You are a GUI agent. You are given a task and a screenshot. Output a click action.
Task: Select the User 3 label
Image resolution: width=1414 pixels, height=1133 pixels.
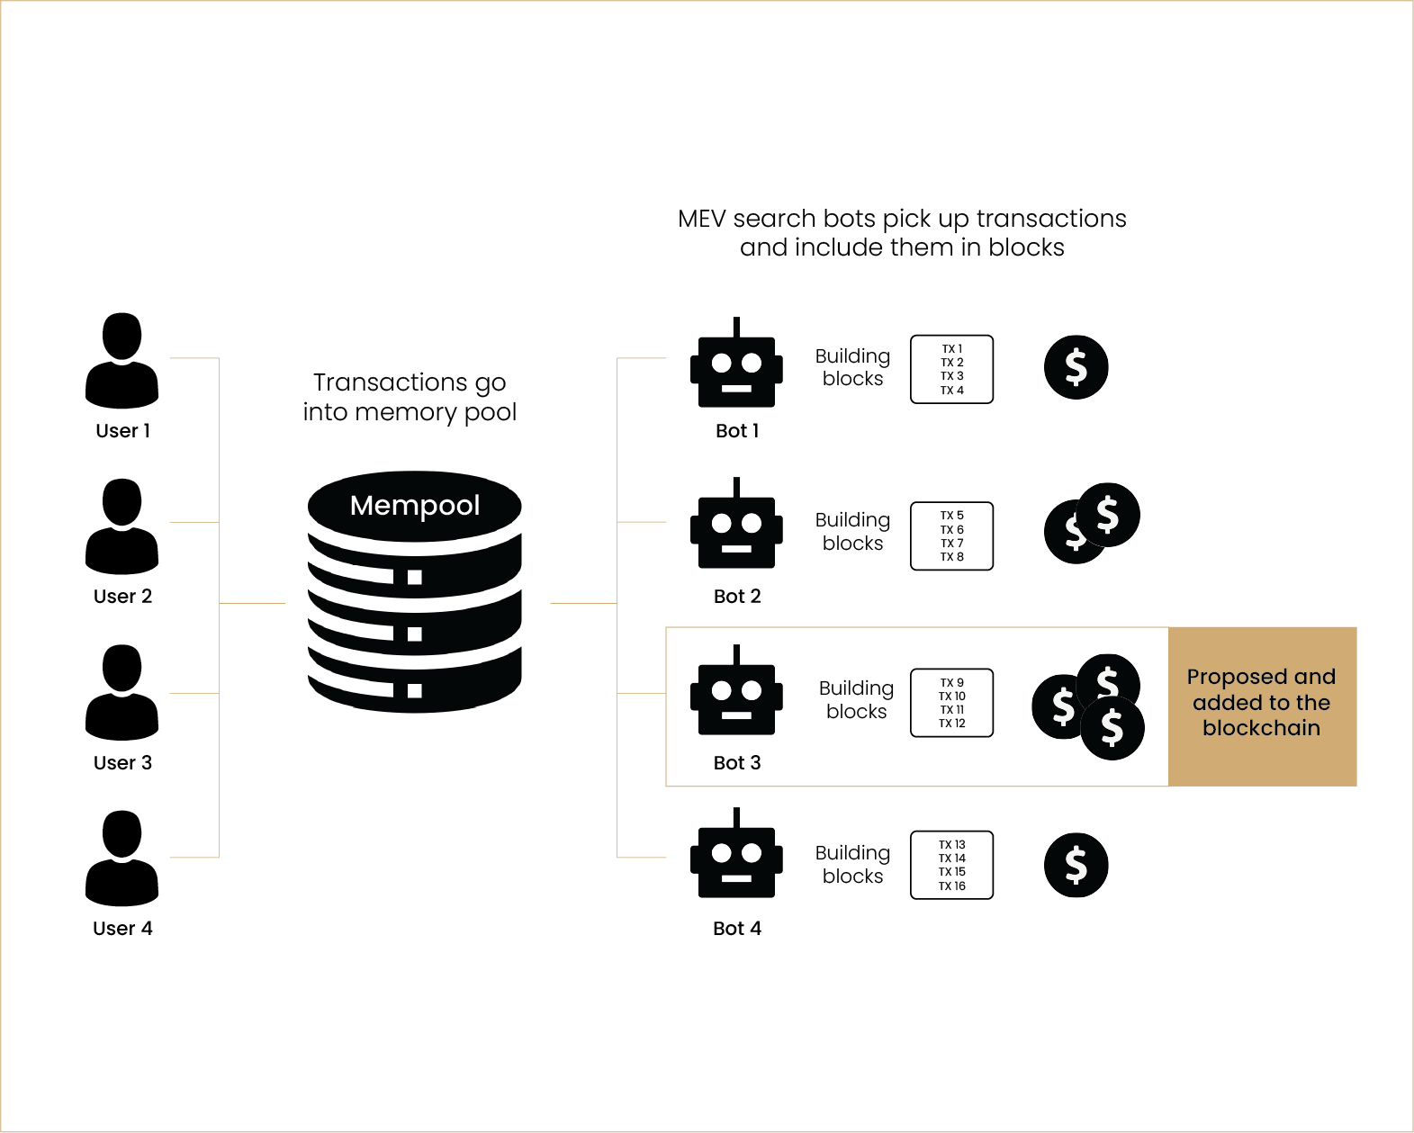coord(122,763)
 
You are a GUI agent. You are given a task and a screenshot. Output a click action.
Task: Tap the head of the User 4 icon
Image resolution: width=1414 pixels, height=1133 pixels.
coord(122,833)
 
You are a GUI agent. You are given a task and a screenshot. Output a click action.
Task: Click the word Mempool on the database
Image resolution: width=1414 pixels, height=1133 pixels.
coord(414,506)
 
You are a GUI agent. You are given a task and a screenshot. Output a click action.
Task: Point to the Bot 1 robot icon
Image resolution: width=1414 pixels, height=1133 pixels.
coord(736,369)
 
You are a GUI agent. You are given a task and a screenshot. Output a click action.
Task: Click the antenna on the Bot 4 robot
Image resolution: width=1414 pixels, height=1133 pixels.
coord(736,817)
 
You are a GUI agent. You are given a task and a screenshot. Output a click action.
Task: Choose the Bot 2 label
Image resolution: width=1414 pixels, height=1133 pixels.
coord(737,597)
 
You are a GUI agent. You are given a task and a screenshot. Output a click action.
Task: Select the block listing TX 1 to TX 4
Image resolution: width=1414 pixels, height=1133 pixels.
coord(951,369)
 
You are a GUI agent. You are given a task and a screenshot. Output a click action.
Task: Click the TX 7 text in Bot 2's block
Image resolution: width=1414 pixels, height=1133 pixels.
coord(951,544)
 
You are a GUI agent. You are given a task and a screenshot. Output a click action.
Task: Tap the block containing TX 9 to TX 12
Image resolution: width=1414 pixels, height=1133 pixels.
coord(951,703)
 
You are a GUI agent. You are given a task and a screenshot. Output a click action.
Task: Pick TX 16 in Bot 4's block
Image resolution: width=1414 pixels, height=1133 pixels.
coord(951,886)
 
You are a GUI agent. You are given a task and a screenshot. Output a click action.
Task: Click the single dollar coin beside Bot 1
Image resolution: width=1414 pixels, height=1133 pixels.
coord(1076,367)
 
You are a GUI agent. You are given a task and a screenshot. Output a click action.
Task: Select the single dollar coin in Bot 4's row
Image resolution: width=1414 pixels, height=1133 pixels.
coord(1076,866)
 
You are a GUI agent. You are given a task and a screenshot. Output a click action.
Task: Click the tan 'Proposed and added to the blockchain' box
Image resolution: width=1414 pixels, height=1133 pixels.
coord(1262,706)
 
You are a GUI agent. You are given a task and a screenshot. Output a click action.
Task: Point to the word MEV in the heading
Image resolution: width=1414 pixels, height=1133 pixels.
coord(701,219)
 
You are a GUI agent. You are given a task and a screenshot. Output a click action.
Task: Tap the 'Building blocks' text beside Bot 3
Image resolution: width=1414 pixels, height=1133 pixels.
coord(856,700)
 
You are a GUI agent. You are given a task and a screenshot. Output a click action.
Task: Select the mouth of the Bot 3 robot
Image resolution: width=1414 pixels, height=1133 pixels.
coord(736,715)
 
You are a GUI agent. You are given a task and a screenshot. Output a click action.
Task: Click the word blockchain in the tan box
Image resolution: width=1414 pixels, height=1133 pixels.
coord(1261,728)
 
